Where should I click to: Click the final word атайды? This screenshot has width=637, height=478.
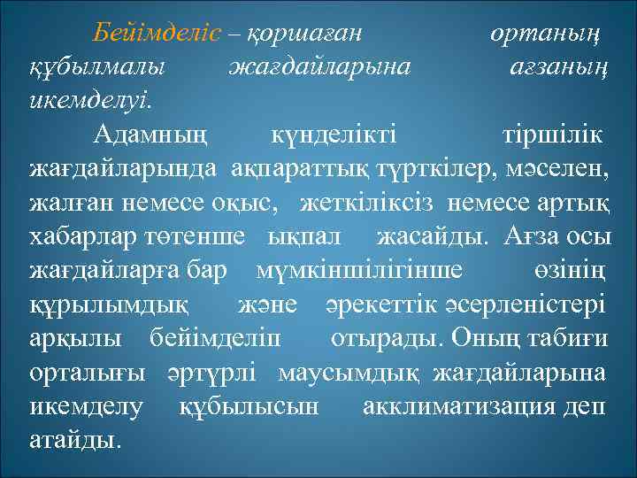pos(74,440)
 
